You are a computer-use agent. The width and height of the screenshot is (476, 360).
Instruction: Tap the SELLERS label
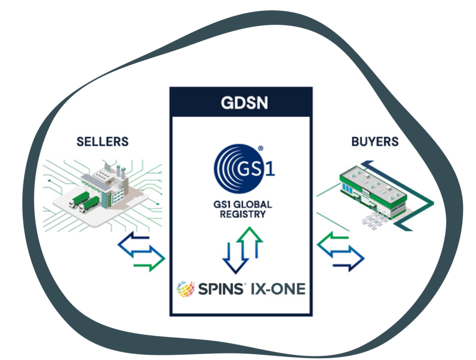[x=102, y=141]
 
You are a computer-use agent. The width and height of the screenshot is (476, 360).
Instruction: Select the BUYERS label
[x=375, y=141]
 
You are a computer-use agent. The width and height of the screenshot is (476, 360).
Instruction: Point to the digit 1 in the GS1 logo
[x=270, y=168]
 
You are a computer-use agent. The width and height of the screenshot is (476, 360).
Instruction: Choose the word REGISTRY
[x=244, y=214]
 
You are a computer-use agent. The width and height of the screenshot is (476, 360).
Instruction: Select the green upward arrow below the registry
[x=251, y=242]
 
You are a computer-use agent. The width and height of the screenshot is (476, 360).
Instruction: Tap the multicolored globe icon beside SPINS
[x=185, y=289]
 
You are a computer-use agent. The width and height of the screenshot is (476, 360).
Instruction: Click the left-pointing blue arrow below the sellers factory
[x=135, y=246]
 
